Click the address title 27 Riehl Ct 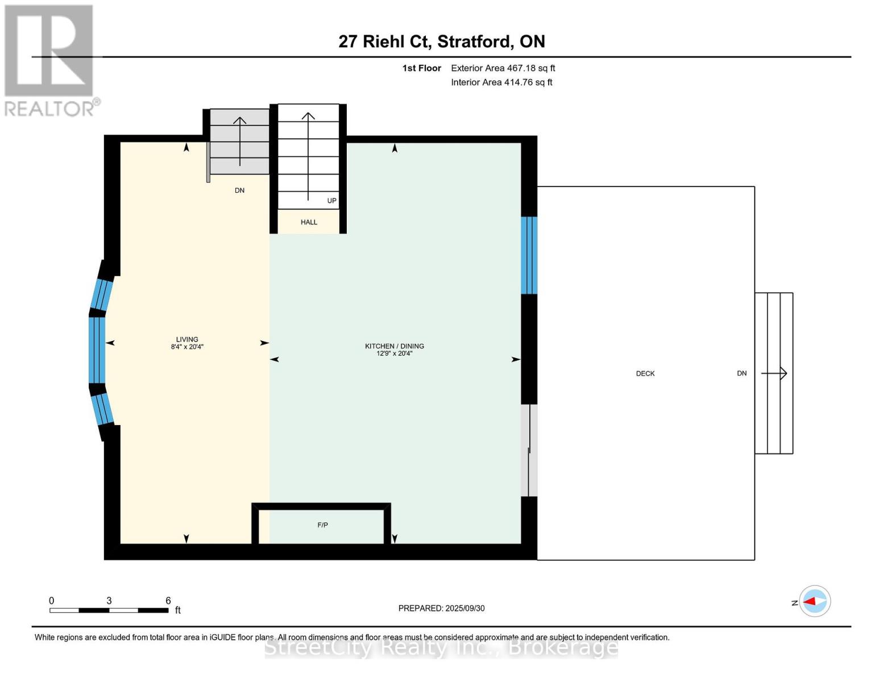441,41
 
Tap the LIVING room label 187,339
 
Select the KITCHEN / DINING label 394,346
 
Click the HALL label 309,222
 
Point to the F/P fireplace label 322,525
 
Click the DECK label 645,373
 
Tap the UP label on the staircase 331,201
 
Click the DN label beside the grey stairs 239,190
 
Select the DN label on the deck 741,373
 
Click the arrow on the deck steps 774,373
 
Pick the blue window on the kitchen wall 529,255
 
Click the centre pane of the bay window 97,350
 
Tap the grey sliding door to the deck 529,450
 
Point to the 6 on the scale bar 168,601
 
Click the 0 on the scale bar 52,601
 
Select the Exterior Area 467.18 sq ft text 503,68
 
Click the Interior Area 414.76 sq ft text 501,82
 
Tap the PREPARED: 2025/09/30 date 441,608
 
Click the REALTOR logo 50,60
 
